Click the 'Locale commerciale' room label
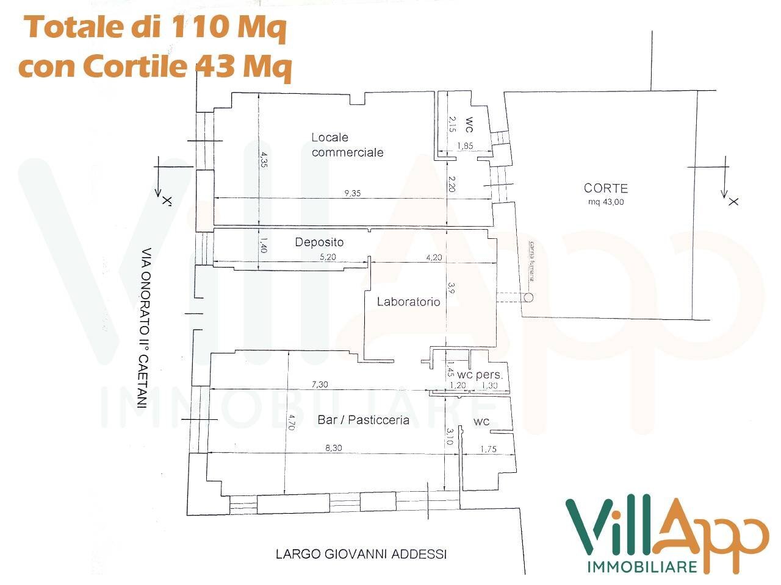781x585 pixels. pos(347,145)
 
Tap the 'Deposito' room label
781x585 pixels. pos(319,242)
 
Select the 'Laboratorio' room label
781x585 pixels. pos(408,301)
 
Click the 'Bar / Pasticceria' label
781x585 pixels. pos(363,420)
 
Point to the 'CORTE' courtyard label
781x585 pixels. pos(605,189)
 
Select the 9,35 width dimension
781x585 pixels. pos(352,193)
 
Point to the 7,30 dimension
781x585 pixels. pos(320,385)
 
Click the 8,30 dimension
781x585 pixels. pos(333,447)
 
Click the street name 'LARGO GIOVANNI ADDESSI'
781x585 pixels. pos(361,554)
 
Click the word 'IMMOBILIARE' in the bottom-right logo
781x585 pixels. pos(641,567)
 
